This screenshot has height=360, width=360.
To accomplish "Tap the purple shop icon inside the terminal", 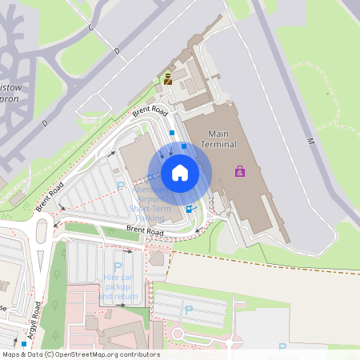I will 239,171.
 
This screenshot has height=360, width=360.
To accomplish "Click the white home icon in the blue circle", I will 179,173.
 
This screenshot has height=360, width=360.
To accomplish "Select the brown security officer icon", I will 168,78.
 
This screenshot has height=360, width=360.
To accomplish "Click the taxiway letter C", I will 90,28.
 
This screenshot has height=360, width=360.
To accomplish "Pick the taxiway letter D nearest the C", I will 117,51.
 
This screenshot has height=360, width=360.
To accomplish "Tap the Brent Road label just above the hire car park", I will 145,233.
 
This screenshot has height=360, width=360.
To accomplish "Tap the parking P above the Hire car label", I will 118,266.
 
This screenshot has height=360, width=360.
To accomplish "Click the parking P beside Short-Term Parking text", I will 122,186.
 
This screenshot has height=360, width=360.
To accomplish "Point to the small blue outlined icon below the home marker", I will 190,210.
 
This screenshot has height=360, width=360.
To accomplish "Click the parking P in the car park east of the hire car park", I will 189,310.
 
